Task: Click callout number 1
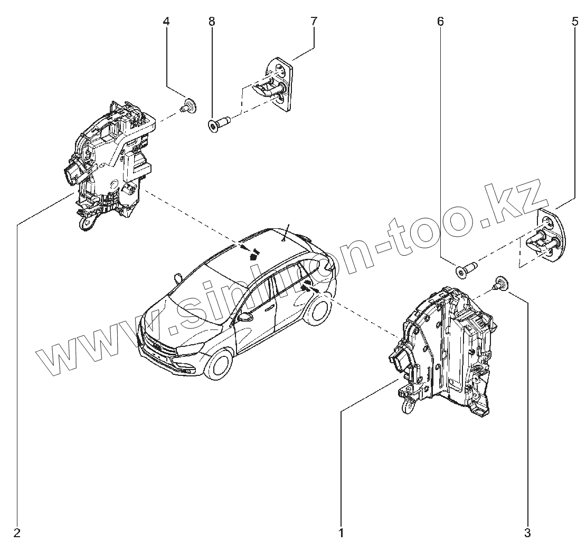point(341,532)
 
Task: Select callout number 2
point(17,532)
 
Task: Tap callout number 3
point(527,532)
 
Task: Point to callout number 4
point(166,22)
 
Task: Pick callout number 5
point(575,22)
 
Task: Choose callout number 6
point(440,22)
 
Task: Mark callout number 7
point(314,22)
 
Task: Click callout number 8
point(212,22)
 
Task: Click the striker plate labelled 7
point(277,84)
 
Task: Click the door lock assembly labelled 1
point(443,351)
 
